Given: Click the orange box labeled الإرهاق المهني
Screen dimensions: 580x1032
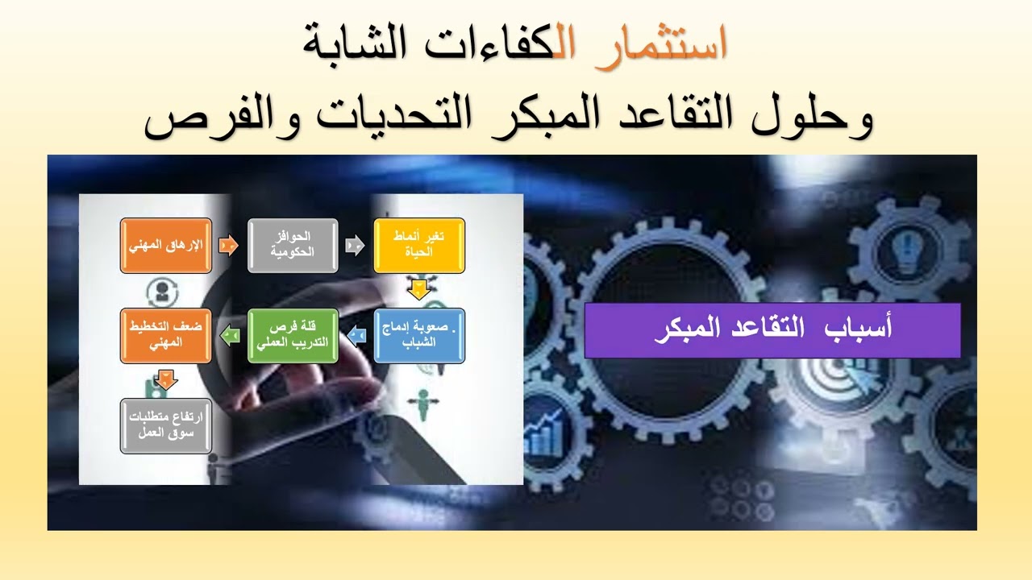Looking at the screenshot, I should click(x=166, y=245).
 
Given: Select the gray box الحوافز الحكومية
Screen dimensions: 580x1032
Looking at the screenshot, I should click(x=292, y=245).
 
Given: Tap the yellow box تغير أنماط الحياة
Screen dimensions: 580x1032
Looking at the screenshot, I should click(x=418, y=245).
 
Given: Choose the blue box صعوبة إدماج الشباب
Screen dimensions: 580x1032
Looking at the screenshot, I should click(x=418, y=335).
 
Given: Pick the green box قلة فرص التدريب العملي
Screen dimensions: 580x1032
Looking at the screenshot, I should click(x=292, y=335).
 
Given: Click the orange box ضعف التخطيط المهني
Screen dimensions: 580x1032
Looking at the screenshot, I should click(x=166, y=335).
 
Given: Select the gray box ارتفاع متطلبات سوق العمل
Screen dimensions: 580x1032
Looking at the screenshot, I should click(x=166, y=425).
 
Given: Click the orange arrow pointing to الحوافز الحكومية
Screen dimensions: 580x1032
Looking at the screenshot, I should click(x=229, y=245).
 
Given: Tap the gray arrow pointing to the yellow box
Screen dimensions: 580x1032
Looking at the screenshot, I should click(x=355, y=245).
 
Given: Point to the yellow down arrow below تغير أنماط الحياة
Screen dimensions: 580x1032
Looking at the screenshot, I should click(x=418, y=289).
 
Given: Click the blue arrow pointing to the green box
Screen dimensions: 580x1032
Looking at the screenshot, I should click(x=356, y=329).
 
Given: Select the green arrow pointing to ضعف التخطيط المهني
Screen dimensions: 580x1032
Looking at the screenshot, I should click(x=229, y=329).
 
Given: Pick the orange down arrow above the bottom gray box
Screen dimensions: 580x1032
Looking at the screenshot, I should click(x=166, y=379).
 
